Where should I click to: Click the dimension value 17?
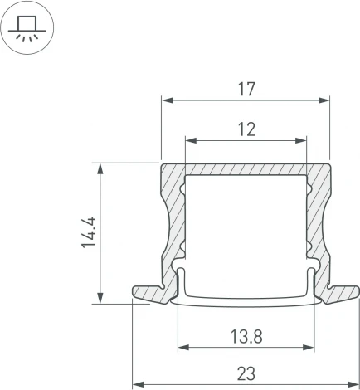(x=246, y=88)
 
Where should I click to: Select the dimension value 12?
(x=246, y=129)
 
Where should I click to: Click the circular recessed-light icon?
(x=29, y=29)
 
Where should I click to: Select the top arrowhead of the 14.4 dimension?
(x=101, y=168)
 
